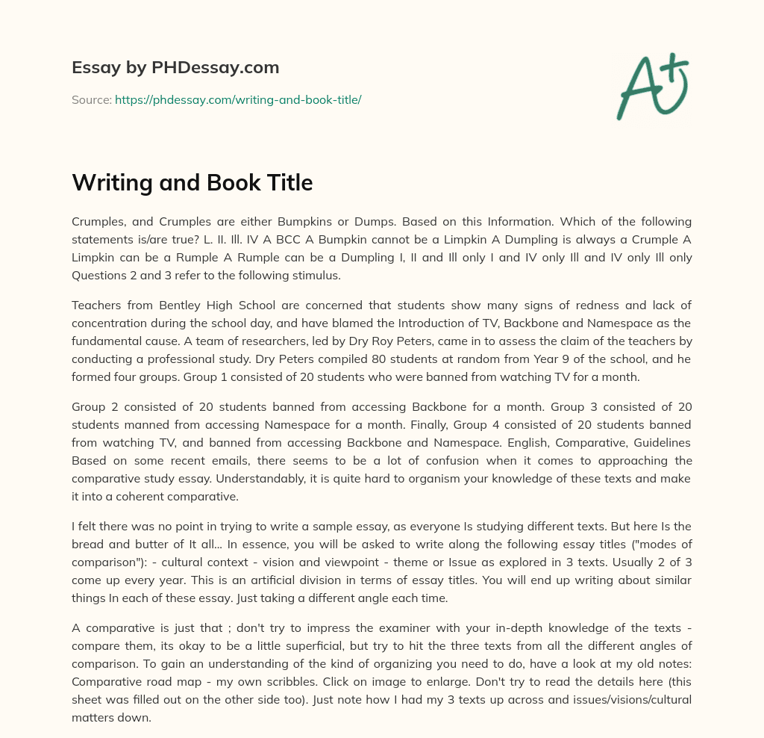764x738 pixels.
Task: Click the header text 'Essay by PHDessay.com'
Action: pyautogui.click(x=175, y=68)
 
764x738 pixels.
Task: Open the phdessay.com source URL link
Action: pyautogui.click(x=238, y=99)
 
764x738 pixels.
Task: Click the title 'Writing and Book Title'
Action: pyautogui.click(x=192, y=182)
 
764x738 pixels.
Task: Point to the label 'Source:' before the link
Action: pyautogui.click(x=91, y=99)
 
